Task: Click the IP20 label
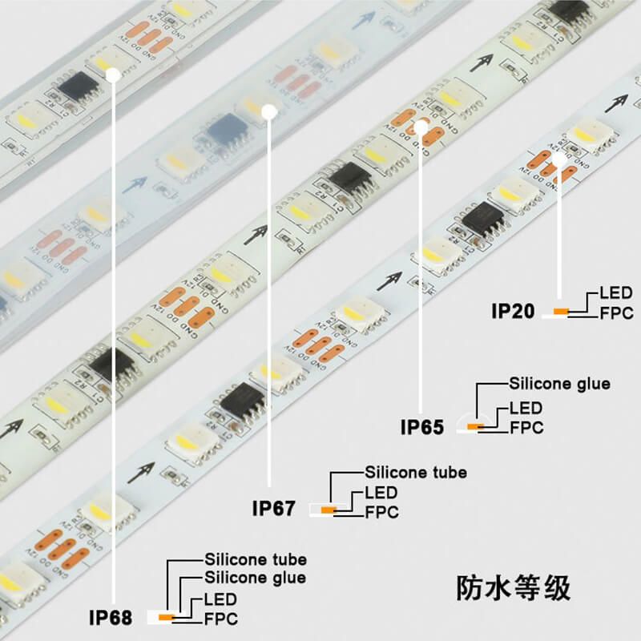[512, 311]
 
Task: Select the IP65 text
[421, 427]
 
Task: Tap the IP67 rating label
[274, 508]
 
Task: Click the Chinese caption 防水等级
[514, 587]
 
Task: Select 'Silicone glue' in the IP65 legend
[559, 384]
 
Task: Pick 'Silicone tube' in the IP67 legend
[415, 473]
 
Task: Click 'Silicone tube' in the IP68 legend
[255, 559]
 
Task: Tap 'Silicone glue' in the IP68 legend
[255, 577]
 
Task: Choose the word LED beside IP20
[615, 293]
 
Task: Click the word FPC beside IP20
[616, 312]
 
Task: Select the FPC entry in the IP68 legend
[221, 619]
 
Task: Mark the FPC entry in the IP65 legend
[526, 428]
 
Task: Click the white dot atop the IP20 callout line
[560, 159]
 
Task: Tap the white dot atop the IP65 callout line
[421, 127]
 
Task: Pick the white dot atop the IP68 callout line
[113, 74]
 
